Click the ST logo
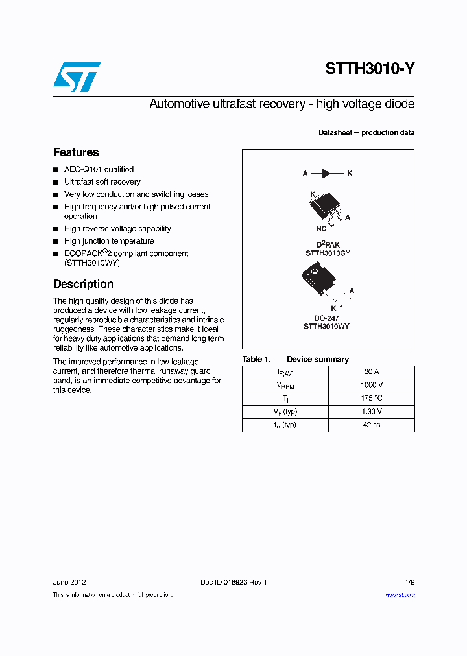coord(77,77)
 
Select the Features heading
coord(76,152)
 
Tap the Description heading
coord(83,284)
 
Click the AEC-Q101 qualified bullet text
coord(99,169)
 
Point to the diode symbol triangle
coord(326,173)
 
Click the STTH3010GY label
coord(328,253)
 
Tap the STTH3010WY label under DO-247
coord(326,327)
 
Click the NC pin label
coord(321,229)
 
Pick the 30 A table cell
coord(371,372)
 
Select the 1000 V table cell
coord(371,385)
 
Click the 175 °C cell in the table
coord(371,398)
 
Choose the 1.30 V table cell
coord(371,412)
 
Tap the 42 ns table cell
coord(371,425)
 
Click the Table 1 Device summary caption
coord(295,359)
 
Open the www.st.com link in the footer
coord(400,595)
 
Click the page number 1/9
coord(409,582)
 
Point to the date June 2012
coord(69,582)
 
